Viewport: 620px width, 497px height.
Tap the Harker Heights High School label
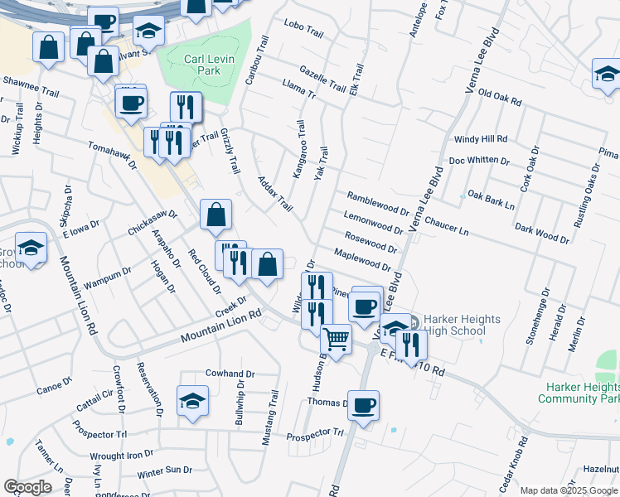tap(453, 325)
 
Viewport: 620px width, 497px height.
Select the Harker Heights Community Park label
tap(579, 393)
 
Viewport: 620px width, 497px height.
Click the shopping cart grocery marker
tap(336, 338)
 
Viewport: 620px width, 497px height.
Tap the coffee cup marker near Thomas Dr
tap(363, 405)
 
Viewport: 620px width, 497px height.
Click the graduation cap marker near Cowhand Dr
tap(192, 401)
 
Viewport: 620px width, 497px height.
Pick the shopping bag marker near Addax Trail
tap(216, 215)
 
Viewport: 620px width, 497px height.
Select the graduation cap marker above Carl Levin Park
tap(148, 31)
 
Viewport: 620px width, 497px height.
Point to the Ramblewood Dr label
tap(378, 204)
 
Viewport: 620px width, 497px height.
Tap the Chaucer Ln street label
tap(446, 224)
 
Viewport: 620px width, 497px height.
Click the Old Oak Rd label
tap(500, 101)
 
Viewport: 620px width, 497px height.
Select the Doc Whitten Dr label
tap(479, 160)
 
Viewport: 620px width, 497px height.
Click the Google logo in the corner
tap(27, 487)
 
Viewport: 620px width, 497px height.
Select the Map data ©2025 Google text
tap(568, 490)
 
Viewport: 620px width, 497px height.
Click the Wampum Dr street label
tap(108, 277)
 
